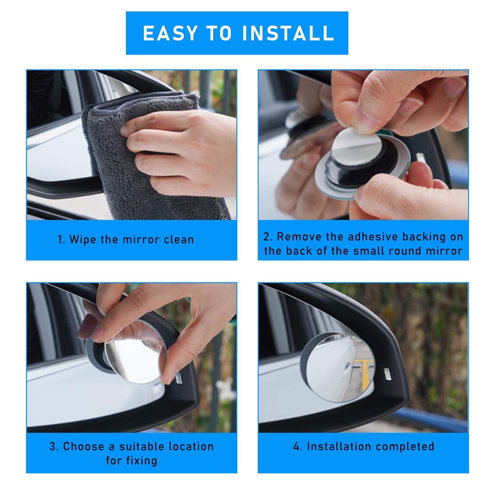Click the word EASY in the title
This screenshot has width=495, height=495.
[170, 33]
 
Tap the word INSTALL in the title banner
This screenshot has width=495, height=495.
[288, 33]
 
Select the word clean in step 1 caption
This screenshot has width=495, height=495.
[179, 240]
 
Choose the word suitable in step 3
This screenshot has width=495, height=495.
[142, 446]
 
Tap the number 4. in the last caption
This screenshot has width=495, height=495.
[298, 447]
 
